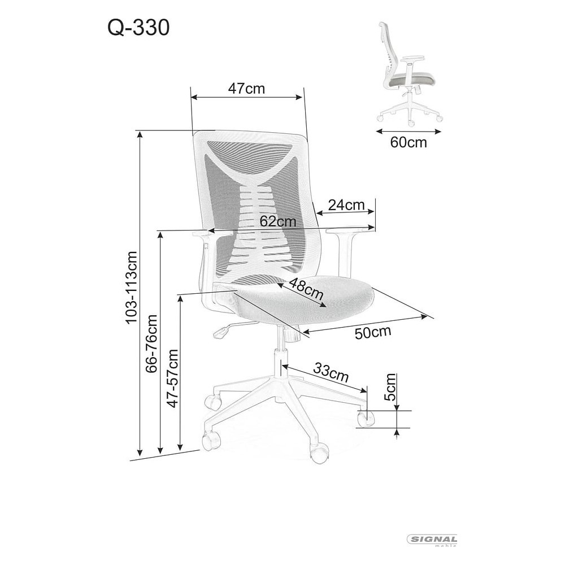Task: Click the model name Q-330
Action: [x=138, y=28]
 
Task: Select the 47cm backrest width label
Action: [x=246, y=88]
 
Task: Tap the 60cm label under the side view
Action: [x=408, y=142]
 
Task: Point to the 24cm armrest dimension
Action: [x=346, y=205]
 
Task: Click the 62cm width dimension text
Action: [x=278, y=221]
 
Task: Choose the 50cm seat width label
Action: [x=372, y=332]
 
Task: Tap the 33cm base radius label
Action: [x=331, y=372]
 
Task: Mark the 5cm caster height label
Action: [x=390, y=387]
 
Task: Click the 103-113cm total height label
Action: [x=131, y=287]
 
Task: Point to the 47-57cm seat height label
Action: [x=173, y=379]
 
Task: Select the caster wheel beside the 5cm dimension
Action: [x=366, y=418]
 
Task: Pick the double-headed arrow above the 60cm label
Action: [x=408, y=131]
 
